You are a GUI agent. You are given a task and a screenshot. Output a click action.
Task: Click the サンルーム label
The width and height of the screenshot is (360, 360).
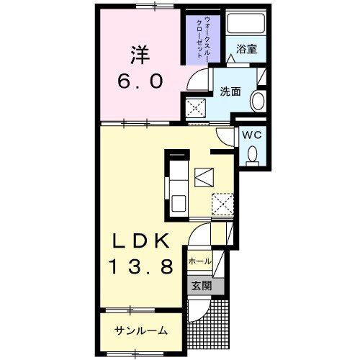(x=140, y=330)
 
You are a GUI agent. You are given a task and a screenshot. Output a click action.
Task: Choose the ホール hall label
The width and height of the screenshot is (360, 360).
(x=199, y=261)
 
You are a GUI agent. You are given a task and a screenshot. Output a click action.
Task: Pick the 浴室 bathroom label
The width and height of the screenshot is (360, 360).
(x=247, y=50)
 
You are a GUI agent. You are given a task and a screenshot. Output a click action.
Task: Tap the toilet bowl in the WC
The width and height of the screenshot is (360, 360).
(x=252, y=153)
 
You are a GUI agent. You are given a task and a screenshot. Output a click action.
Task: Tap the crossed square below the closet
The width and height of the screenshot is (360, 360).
(x=195, y=109)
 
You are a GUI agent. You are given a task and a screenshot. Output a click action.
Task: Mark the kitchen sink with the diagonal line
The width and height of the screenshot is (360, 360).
(x=204, y=175)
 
